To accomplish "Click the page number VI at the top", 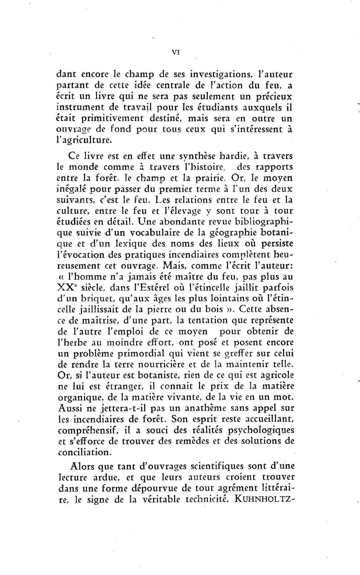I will coord(176,52).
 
